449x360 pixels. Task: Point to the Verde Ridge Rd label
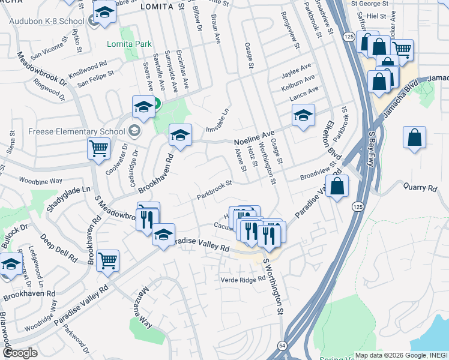pyautogui.click(x=243, y=280)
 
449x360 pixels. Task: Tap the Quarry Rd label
pyautogui.click(x=420, y=188)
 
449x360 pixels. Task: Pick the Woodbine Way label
pyautogui.click(x=40, y=180)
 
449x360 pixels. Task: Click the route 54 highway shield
pyautogui.click(x=282, y=346)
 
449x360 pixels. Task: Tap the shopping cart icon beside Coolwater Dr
pyautogui.click(x=98, y=148)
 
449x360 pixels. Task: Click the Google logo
pyautogui.click(x=20, y=352)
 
